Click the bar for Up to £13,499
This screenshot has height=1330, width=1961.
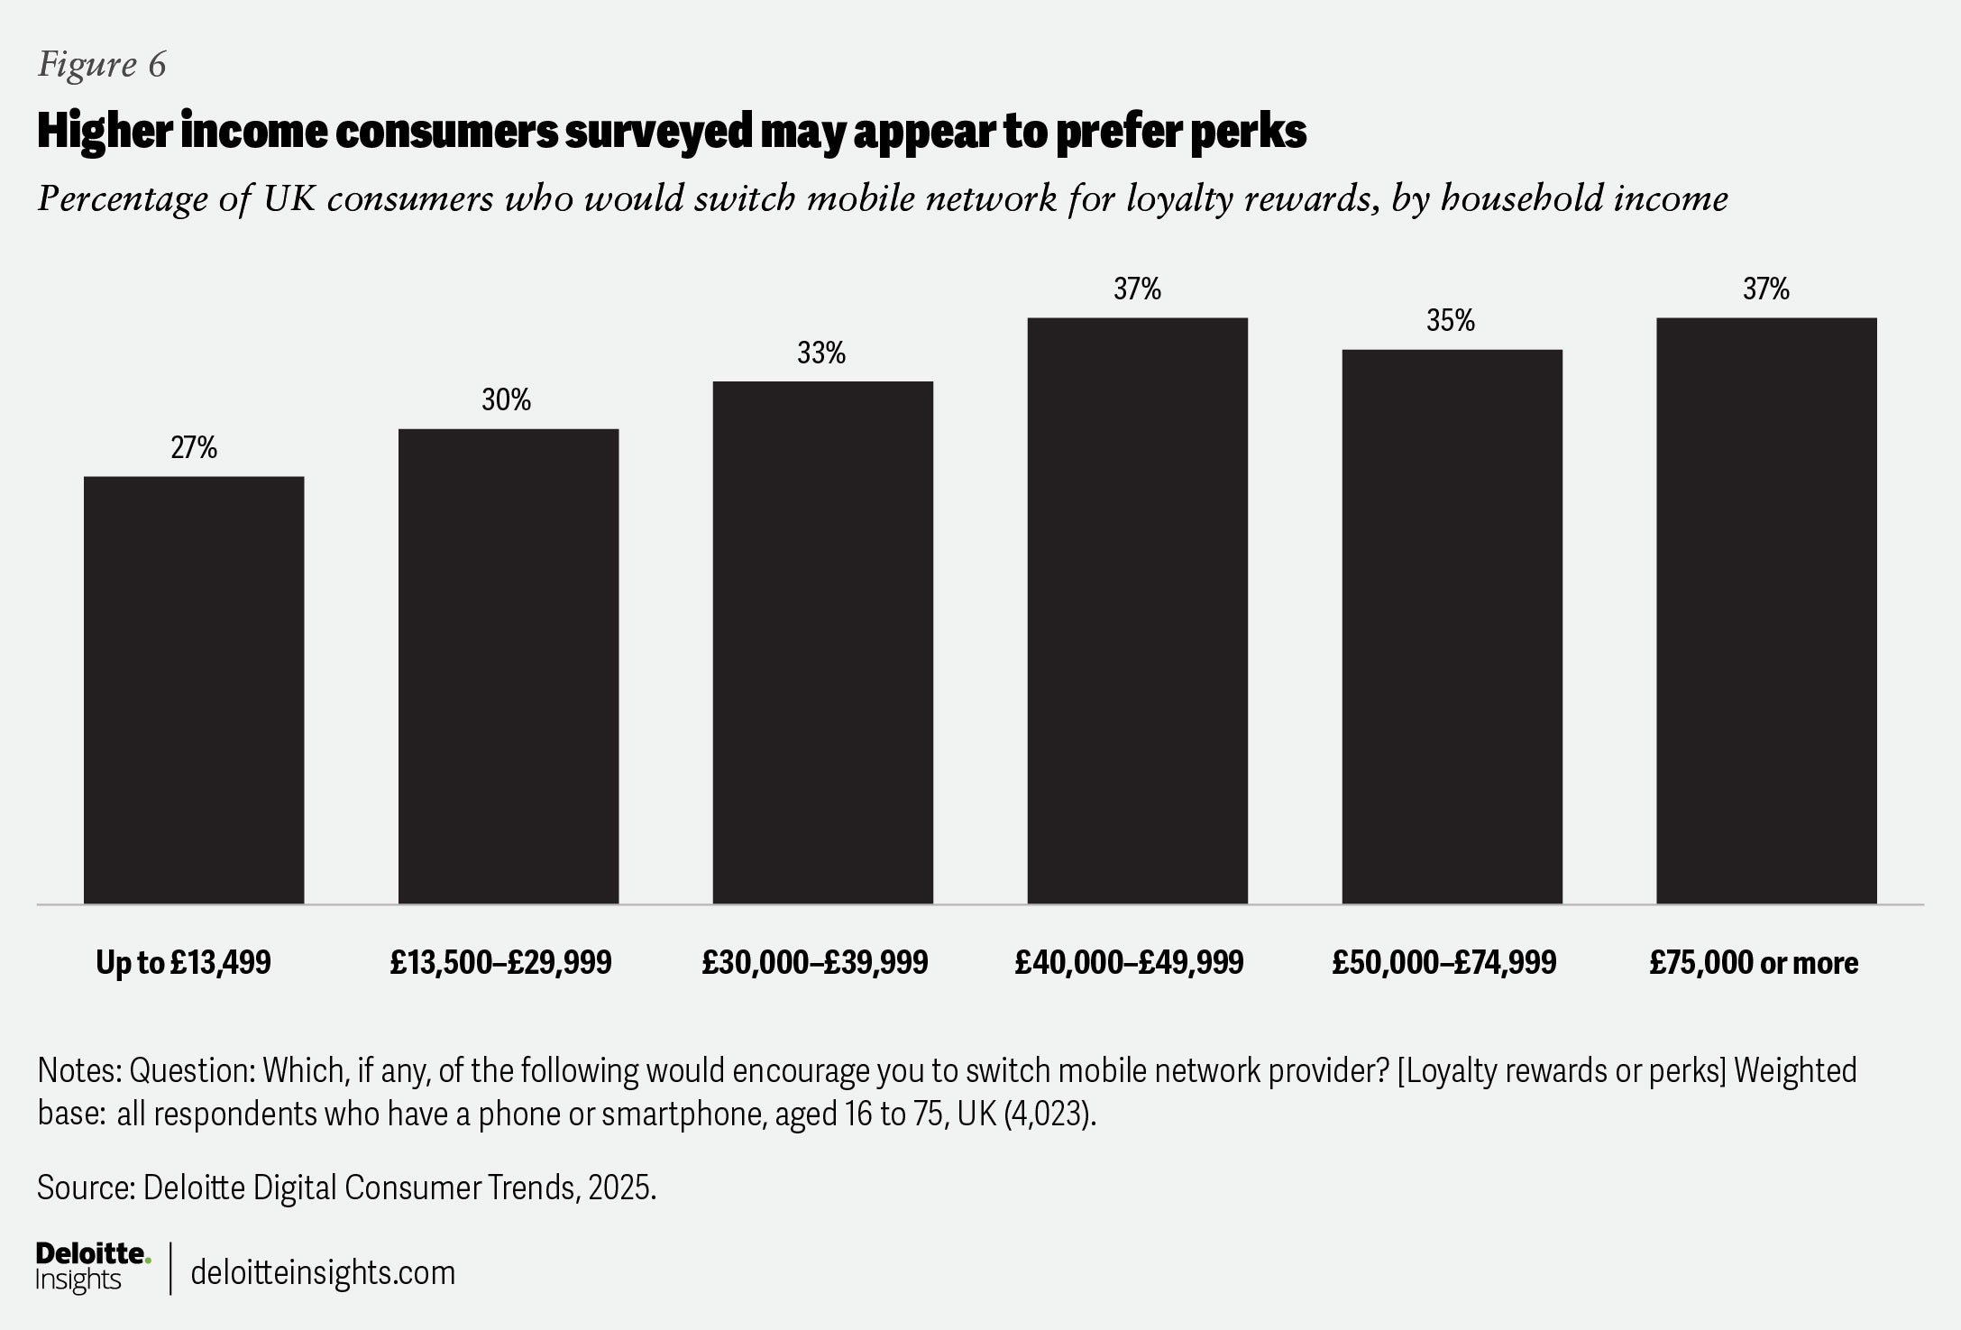(194, 690)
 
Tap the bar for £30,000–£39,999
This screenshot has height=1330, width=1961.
(822, 642)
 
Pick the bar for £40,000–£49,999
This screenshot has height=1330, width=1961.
(1137, 610)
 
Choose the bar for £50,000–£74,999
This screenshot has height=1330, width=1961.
(1452, 626)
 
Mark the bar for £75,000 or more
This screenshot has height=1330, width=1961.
(1766, 610)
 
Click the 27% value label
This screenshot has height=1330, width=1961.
(194, 447)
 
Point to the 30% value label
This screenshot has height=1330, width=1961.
(507, 399)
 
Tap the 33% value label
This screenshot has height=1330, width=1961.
(821, 353)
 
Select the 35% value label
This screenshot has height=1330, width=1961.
(1451, 321)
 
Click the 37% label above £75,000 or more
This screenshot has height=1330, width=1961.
(1766, 289)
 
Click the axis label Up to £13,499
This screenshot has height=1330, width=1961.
(183, 963)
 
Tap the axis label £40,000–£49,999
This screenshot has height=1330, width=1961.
(1129, 963)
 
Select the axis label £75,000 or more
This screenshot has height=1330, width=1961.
(1754, 963)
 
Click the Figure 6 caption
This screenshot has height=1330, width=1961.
(102, 65)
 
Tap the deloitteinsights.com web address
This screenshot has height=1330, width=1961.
(323, 1272)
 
